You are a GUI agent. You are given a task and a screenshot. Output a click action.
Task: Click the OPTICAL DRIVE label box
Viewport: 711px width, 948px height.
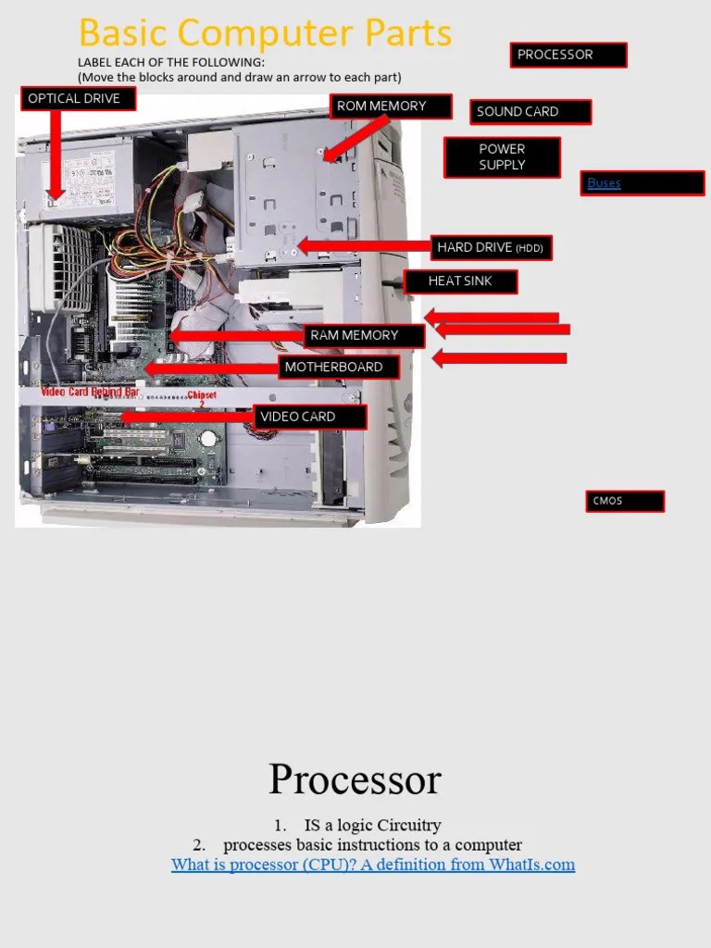[78, 99]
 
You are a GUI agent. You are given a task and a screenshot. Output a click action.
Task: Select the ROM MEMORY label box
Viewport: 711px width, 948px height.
[391, 106]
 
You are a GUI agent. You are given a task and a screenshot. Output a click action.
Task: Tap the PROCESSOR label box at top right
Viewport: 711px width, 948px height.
[568, 56]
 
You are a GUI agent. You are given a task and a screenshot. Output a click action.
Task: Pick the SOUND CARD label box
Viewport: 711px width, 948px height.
[530, 112]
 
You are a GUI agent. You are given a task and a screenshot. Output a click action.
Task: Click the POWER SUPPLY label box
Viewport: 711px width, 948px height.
[502, 157]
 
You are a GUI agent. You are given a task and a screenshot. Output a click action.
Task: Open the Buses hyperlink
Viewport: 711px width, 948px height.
[604, 183]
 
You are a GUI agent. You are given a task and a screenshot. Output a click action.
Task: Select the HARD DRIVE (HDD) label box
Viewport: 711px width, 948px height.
[492, 247]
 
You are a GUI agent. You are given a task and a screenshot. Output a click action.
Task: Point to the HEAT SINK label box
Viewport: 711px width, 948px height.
[460, 281]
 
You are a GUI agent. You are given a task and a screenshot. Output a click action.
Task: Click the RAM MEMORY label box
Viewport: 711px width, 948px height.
[364, 336]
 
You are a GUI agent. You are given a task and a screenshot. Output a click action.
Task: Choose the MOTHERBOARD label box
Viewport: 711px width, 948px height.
[340, 368]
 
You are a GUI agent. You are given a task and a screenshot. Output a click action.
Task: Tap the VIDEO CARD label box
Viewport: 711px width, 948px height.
[310, 418]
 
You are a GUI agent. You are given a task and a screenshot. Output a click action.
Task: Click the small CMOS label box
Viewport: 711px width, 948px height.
[624, 502]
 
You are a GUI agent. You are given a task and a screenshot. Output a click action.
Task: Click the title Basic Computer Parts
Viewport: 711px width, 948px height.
[266, 33]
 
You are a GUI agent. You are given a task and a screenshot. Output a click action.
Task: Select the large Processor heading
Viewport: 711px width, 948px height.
[355, 780]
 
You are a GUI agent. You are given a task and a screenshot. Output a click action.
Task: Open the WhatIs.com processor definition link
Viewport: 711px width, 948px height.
[372, 865]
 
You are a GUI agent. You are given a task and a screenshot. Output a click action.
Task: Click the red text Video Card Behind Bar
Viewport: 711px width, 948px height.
[90, 393]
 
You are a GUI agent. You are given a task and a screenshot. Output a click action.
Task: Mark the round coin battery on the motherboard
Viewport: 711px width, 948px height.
[210, 438]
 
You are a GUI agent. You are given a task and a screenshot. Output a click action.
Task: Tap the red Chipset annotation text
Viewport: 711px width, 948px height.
[202, 396]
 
